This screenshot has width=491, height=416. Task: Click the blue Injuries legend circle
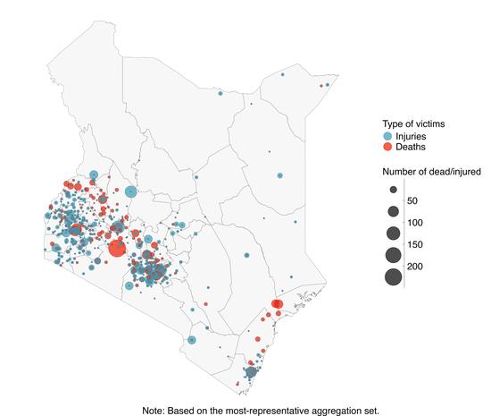[388, 135]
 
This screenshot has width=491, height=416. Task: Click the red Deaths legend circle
[388, 146]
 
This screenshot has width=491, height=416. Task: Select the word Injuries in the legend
[412, 135]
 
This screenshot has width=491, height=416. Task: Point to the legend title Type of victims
[414, 123]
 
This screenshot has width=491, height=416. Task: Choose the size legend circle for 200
[393, 276]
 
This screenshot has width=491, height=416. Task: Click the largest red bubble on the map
[117, 248]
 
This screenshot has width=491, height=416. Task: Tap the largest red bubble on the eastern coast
[277, 305]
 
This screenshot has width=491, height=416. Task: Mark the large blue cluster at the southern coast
[252, 371]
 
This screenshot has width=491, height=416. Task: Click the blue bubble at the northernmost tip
[282, 75]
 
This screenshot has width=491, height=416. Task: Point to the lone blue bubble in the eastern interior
[279, 176]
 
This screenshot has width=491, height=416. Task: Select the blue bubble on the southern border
[192, 340]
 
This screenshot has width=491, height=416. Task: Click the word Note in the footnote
[156, 409]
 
